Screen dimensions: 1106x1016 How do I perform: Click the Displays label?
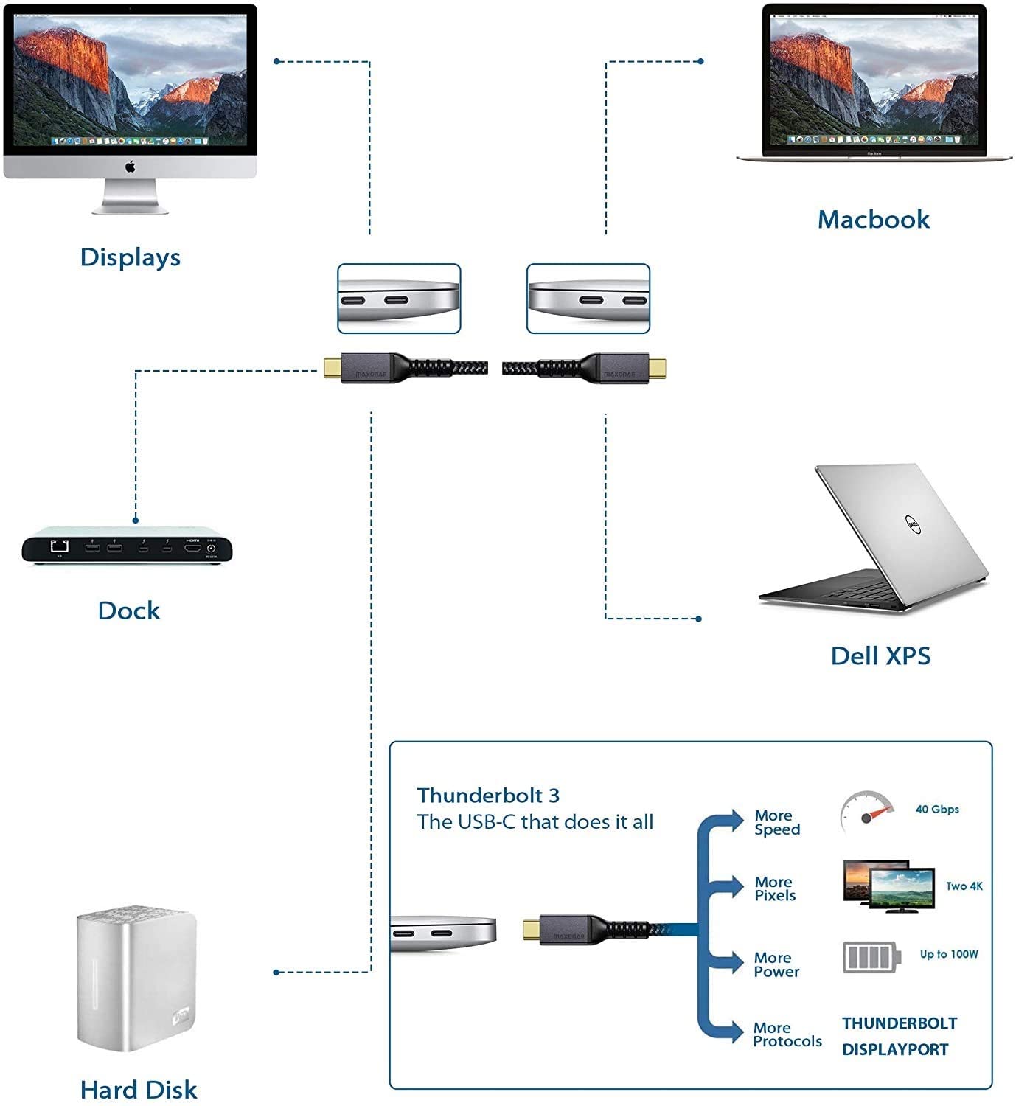coord(131,257)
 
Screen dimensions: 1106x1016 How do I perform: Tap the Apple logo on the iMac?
coord(131,167)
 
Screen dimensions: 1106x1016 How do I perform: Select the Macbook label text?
coord(874,219)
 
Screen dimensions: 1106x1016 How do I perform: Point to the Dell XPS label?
coord(880,655)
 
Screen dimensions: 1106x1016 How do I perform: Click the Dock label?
coord(129,611)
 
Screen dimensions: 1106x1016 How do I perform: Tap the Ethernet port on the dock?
coord(59,546)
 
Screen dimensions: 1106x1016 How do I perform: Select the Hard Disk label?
coord(139,1090)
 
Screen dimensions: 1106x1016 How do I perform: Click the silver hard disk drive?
coord(136,981)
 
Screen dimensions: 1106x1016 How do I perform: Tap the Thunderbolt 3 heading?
coord(488,796)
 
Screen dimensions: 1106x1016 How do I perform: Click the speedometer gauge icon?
coord(866,812)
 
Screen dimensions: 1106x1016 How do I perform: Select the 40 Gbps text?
coord(937,810)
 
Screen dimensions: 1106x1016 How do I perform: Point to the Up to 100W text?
coord(949,954)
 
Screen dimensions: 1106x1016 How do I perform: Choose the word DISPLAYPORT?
coord(895,1050)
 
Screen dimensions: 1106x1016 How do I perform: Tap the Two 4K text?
coord(964,886)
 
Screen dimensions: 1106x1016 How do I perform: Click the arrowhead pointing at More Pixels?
coord(736,886)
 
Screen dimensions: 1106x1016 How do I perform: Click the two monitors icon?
coord(888,886)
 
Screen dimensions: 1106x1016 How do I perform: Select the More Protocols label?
coord(787,1034)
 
